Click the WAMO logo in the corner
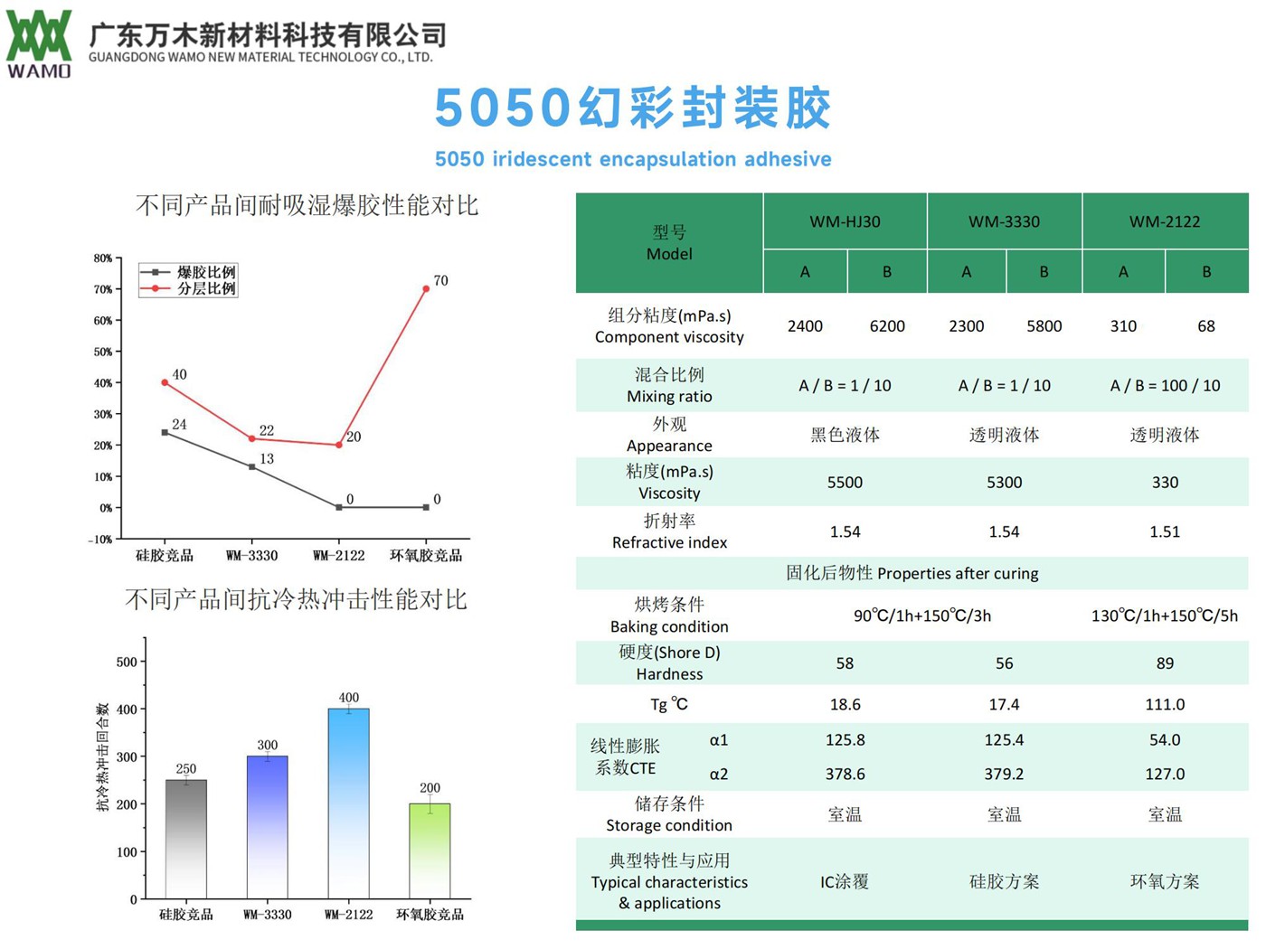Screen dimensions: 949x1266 (39, 43)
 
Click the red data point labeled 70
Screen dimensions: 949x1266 (426, 289)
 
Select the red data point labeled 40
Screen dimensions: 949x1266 (165, 382)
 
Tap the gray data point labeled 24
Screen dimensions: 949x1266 (165, 432)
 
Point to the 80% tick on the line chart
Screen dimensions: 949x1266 (103, 258)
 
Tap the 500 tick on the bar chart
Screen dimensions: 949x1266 (127, 662)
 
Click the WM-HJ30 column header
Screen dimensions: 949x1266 (845, 221)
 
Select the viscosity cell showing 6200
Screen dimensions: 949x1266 (886, 326)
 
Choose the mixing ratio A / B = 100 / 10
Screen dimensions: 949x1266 (1165, 386)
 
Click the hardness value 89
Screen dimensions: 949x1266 (1165, 663)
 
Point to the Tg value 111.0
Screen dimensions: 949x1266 (1165, 704)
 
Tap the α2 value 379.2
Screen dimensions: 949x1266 (1004, 775)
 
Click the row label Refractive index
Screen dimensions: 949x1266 (669, 542)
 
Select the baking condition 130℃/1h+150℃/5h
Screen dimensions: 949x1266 (1165, 615)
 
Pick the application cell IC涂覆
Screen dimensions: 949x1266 (845, 881)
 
